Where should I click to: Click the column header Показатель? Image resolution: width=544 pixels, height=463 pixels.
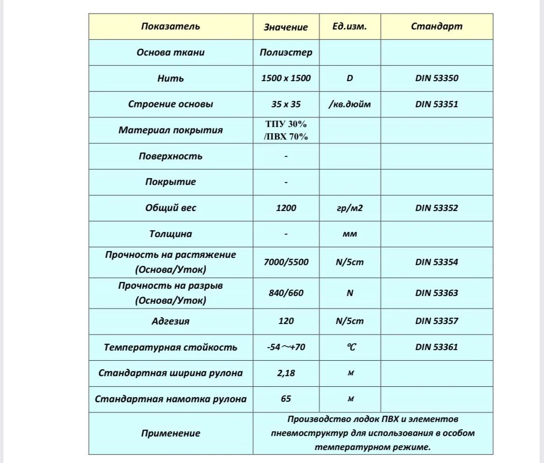170,26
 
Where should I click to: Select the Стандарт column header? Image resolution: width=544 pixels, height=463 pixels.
436,26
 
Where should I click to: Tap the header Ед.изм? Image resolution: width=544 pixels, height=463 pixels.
350,26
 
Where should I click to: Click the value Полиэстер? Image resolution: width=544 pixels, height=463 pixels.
286,52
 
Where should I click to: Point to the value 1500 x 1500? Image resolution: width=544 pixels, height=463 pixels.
286,78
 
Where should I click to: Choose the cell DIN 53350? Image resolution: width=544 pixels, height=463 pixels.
436,78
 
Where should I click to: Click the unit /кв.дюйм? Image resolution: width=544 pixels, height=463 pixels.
350,104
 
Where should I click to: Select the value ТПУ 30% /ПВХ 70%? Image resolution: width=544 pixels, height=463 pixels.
286,130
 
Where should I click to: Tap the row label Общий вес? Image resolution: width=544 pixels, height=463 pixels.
170,208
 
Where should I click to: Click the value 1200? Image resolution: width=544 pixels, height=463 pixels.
286,208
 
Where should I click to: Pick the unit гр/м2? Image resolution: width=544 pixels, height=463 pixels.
350,208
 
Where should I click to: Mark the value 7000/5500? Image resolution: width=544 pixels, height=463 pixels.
286,262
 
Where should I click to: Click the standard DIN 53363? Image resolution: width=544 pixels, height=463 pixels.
436,293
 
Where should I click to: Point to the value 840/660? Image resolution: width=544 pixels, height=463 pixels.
286,293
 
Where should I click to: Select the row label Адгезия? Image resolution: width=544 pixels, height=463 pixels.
170,321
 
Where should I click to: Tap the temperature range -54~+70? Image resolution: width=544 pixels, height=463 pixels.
286,347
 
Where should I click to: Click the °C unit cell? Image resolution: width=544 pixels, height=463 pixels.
350,347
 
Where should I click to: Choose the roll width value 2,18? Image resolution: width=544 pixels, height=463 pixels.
286,373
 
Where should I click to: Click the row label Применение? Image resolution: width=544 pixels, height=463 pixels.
170,433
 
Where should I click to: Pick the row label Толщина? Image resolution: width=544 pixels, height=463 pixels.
170,234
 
